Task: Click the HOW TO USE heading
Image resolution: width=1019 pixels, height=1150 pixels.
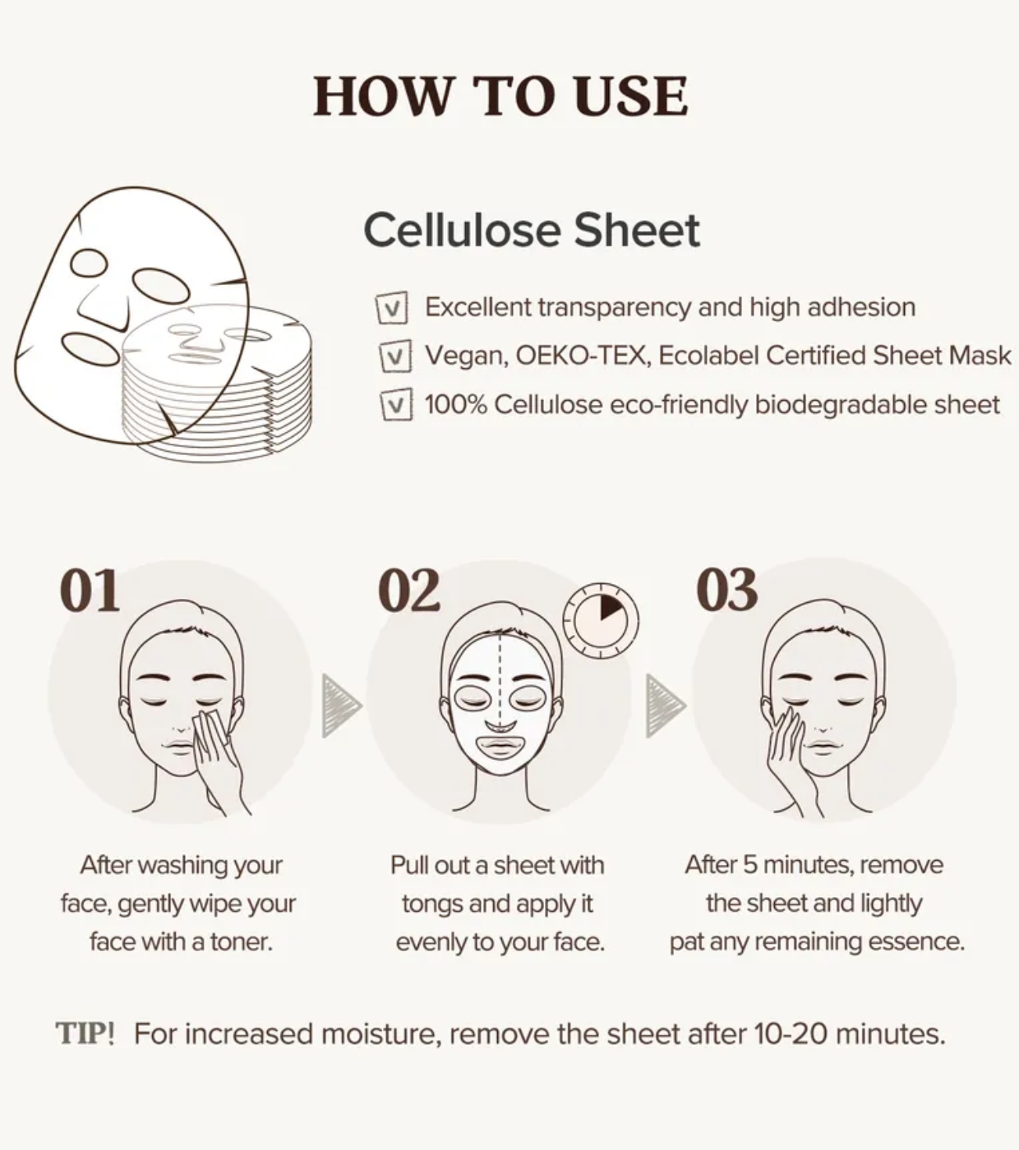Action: point(500,96)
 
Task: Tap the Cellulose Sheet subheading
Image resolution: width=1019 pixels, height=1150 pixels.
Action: point(531,230)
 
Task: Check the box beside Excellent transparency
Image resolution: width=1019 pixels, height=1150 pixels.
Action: point(392,308)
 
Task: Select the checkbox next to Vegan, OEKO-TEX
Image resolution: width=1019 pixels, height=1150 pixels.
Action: point(395,356)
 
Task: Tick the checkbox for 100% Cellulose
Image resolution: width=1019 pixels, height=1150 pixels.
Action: point(396,404)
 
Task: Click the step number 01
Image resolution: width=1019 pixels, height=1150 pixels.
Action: point(90,591)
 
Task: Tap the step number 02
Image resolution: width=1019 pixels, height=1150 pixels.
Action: point(409,591)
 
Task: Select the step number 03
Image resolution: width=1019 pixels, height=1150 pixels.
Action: point(727,591)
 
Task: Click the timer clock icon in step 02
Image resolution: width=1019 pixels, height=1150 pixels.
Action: point(601,620)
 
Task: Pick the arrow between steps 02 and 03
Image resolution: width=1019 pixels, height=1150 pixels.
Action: point(665,706)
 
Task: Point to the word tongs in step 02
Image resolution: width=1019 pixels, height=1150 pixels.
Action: point(432,904)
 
